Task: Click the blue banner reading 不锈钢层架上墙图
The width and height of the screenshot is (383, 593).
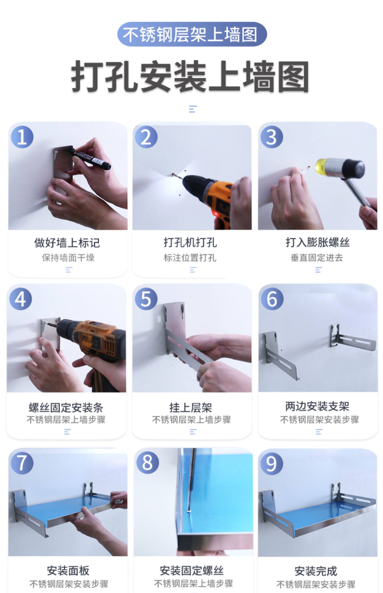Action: (x=192, y=34)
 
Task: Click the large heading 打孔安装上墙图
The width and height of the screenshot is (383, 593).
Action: (x=190, y=77)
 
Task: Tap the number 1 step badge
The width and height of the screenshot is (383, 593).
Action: (x=22, y=137)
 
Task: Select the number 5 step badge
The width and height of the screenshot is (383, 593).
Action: (x=146, y=299)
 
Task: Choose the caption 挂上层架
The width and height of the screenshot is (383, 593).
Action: (x=191, y=408)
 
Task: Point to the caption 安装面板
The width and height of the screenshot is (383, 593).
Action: (x=68, y=571)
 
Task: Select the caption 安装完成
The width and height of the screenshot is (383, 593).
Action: (x=316, y=571)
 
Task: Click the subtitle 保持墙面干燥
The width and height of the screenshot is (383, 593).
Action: (x=68, y=258)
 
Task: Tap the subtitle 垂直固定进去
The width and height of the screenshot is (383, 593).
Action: (x=317, y=258)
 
